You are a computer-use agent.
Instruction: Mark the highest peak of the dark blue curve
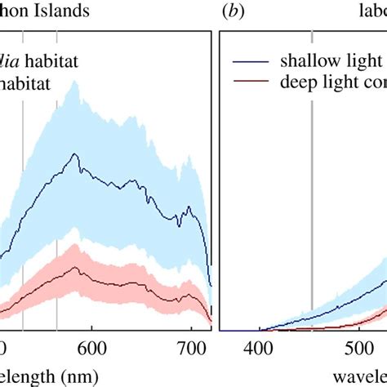pos(75,154)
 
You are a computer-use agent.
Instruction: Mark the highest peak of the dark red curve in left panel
pos(75,267)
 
